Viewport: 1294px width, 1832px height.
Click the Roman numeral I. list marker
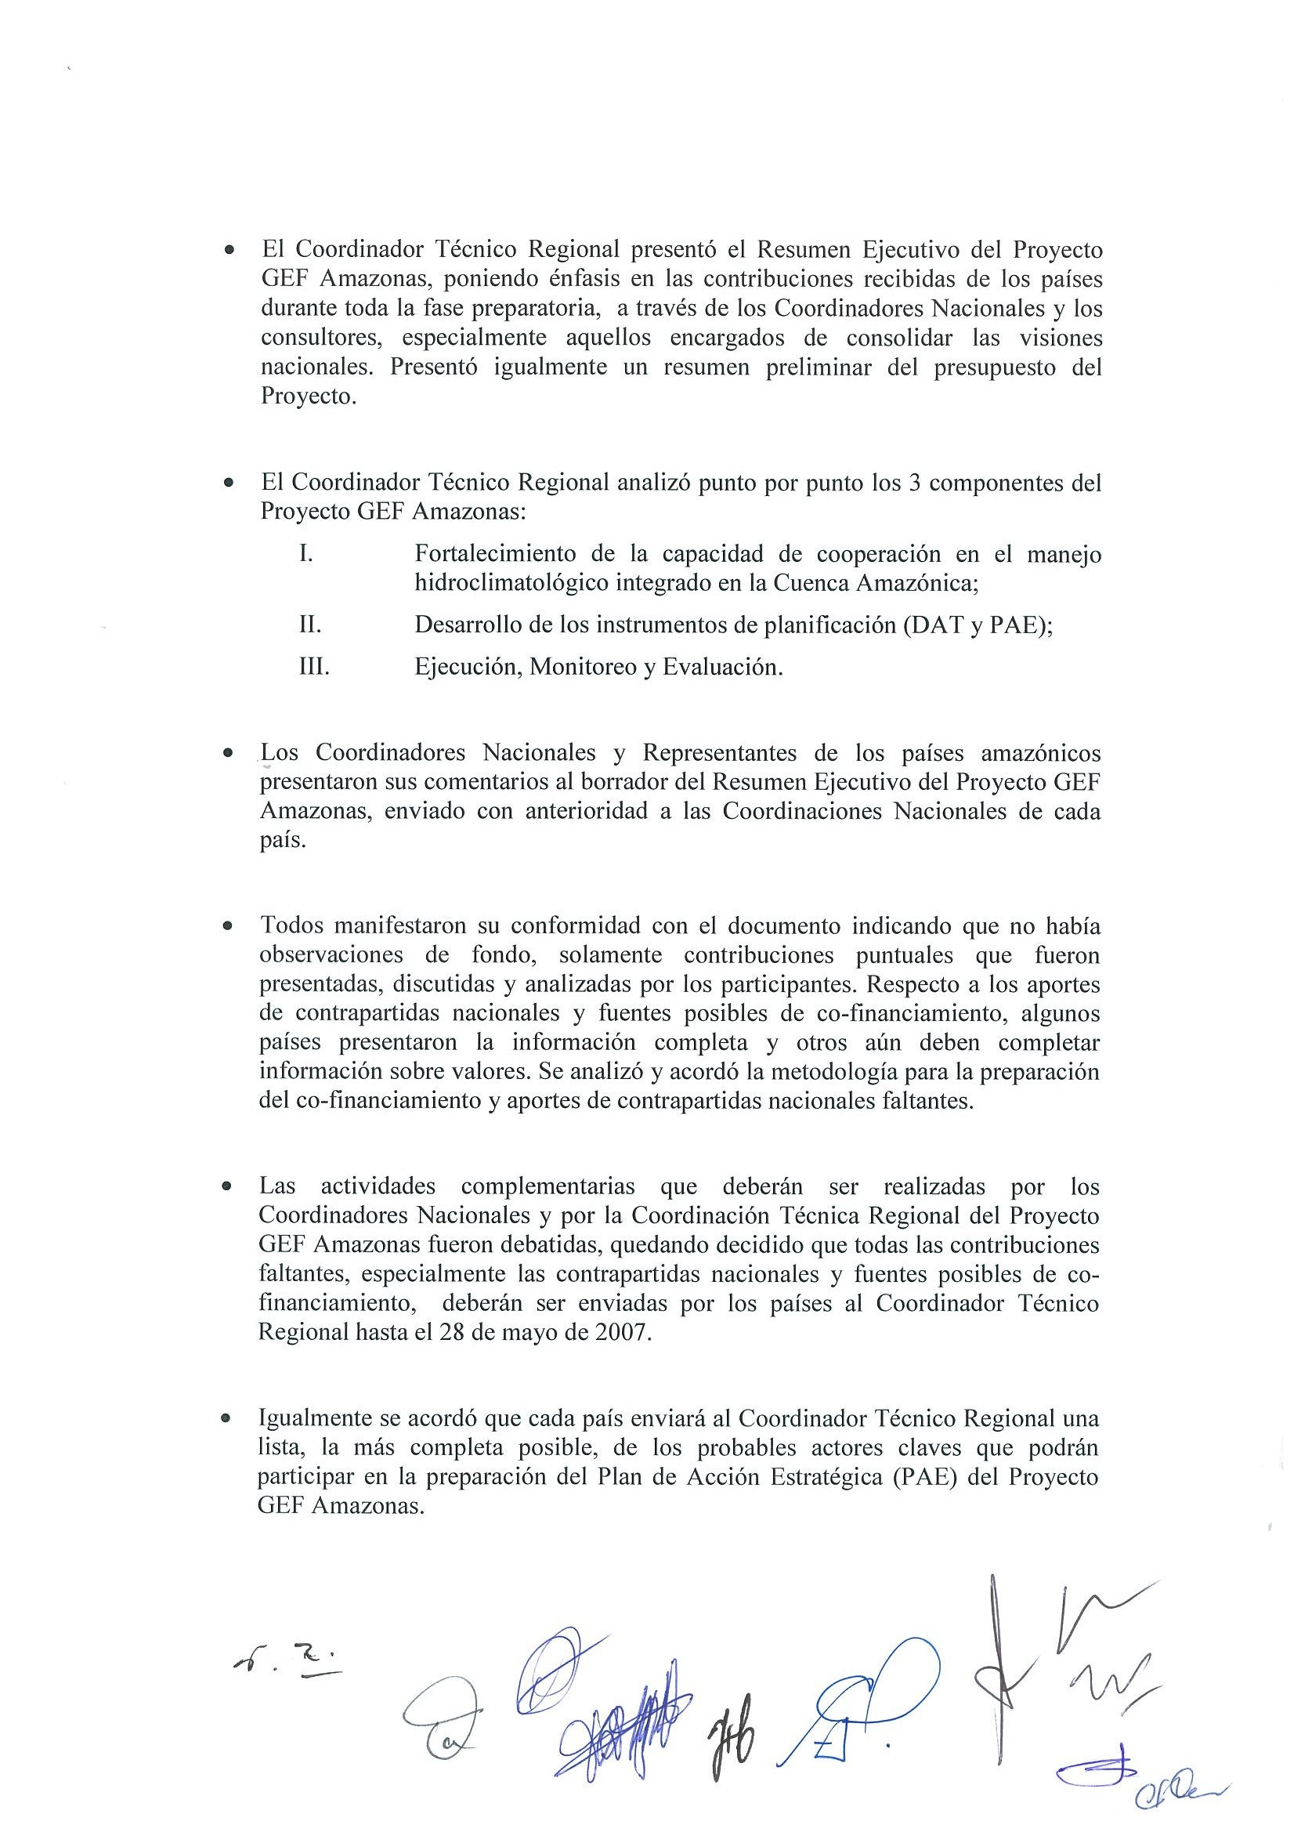[306, 553]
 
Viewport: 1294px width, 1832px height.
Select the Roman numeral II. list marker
[310, 624]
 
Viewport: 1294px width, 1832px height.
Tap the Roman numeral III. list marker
[314, 666]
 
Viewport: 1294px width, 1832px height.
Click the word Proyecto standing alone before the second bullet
[308, 396]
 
